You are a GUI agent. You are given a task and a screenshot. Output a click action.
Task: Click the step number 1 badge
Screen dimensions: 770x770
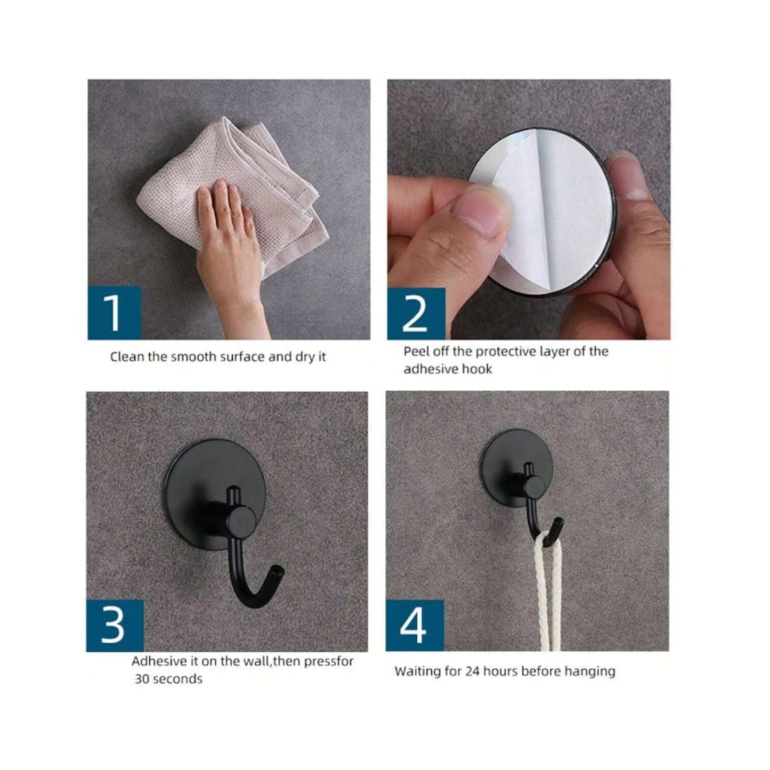[114, 313]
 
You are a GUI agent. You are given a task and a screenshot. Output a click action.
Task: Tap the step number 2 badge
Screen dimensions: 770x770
[416, 314]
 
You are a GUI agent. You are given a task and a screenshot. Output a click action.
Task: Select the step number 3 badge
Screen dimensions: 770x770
[115, 626]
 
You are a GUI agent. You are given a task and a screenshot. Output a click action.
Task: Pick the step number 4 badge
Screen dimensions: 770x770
[414, 626]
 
